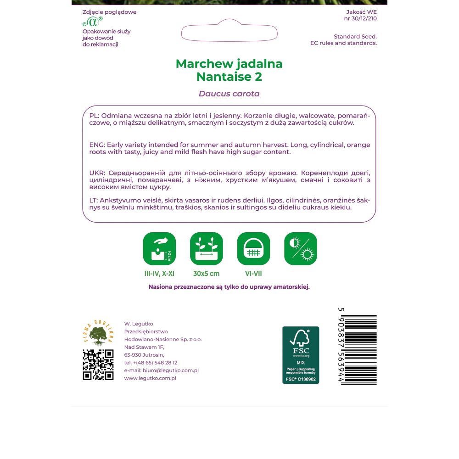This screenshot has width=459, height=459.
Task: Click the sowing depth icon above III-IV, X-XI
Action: (x=159, y=249)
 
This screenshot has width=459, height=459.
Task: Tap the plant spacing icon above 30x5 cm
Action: (x=207, y=249)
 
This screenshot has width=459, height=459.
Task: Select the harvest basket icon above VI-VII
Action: (x=253, y=249)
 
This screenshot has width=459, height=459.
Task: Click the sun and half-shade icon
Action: (x=301, y=249)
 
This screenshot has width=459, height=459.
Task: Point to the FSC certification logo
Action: (x=301, y=355)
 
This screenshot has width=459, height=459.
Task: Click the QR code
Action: (x=98, y=364)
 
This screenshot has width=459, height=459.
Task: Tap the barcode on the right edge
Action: (x=361, y=349)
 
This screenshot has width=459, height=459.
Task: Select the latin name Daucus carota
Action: (x=229, y=94)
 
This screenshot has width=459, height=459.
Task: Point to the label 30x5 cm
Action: (x=207, y=274)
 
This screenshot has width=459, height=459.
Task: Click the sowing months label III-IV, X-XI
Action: (x=159, y=274)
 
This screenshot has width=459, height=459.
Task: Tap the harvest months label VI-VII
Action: (x=253, y=274)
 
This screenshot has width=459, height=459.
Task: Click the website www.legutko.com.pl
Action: (x=150, y=378)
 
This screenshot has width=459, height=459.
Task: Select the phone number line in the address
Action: (x=151, y=363)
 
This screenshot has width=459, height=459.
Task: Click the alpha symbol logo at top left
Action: (x=93, y=22)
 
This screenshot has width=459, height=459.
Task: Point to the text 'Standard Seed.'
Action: (x=355, y=36)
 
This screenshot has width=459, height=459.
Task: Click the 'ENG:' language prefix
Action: (x=97, y=145)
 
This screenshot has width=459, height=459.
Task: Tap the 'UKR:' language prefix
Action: (x=97, y=173)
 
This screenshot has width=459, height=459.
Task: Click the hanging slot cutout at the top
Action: (x=229, y=31)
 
